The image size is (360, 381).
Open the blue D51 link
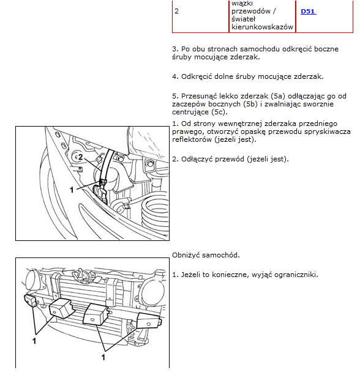[x=308, y=12]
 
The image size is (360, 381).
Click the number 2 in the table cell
[x=176, y=11]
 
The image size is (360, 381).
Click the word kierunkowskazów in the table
[x=262, y=27]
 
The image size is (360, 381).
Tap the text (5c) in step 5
[x=219, y=112]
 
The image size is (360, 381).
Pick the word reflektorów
[x=192, y=139]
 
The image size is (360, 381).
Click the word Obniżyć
[x=186, y=255]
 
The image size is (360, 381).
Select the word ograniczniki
[x=296, y=275]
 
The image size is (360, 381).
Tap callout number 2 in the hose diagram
[x=81, y=157]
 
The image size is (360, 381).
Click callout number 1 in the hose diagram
[x=72, y=190]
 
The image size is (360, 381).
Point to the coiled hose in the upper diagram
[x=156, y=211]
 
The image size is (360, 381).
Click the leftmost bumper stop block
[x=31, y=300]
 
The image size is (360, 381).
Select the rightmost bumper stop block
[x=148, y=320]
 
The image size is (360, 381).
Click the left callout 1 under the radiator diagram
[x=34, y=341]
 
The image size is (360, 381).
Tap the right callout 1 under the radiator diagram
[x=103, y=357]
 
